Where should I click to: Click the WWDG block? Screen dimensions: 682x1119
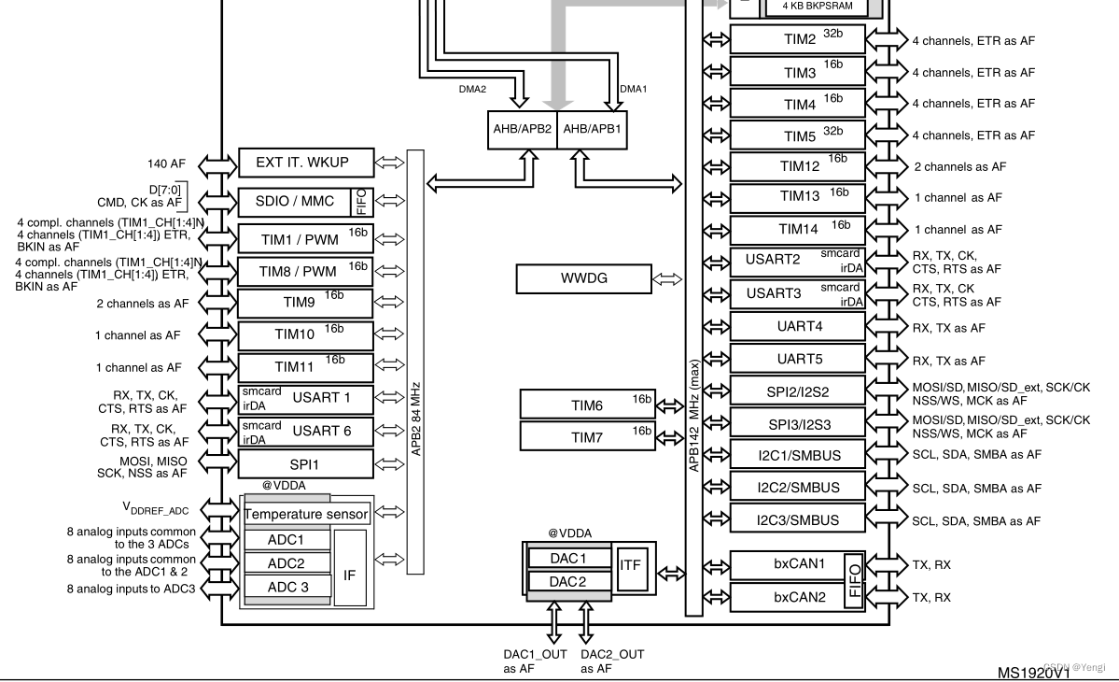[x=584, y=278]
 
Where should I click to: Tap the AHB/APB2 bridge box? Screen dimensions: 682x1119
[x=522, y=130]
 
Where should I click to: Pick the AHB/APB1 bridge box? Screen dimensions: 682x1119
[x=592, y=130]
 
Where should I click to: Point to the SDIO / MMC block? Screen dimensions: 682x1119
[x=295, y=201]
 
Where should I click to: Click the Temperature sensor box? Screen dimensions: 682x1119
[x=306, y=514]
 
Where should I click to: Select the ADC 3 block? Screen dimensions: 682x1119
[x=287, y=587]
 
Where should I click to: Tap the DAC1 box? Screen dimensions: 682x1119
[x=567, y=558]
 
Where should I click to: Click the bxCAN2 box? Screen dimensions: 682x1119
[x=786, y=596]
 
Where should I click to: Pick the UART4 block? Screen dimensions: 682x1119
[x=797, y=327]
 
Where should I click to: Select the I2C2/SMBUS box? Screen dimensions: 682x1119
[x=797, y=488]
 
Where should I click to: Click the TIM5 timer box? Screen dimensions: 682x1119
[x=797, y=135]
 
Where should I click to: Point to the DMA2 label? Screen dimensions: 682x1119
[x=472, y=89]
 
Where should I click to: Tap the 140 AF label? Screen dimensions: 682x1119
[x=167, y=163]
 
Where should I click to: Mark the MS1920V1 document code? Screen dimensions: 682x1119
[x=1033, y=672]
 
